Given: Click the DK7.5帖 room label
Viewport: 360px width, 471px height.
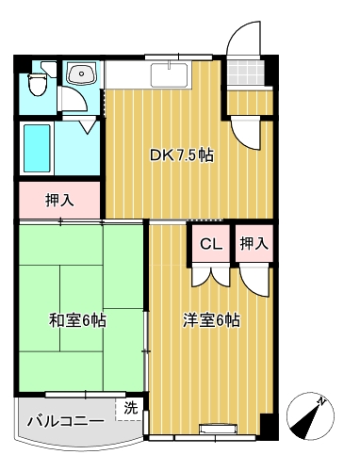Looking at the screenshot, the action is (182, 155).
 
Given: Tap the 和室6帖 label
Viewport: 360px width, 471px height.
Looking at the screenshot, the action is (77, 320).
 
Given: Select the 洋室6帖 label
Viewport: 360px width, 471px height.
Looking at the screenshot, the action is (212, 320).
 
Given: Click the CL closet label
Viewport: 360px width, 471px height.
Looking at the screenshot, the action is (211, 244).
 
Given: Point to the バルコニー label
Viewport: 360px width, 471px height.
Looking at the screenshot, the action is (66, 421).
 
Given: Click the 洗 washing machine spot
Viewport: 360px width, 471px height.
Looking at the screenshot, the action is (130, 408).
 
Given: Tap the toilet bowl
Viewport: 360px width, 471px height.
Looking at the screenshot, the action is (38, 85).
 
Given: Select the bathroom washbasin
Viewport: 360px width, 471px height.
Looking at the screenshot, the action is (81, 74).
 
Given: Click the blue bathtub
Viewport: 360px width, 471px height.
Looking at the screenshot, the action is (37, 148).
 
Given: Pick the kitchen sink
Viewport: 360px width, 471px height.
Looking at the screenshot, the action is (170, 75).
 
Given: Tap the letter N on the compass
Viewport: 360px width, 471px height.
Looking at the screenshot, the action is (321, 401).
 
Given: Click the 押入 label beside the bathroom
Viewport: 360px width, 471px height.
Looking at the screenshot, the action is (59, 201).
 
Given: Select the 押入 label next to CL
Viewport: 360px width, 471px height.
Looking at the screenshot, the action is (254, 243).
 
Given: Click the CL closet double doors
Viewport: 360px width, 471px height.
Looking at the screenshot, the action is (211, 275).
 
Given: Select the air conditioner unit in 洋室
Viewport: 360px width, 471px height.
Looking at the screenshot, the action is (219, 429).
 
